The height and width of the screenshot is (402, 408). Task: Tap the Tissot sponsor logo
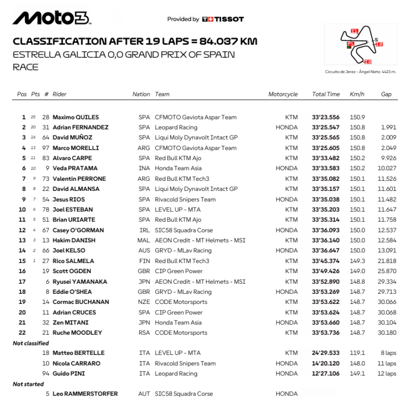pos(223,19)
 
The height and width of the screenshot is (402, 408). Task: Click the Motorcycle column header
pos(283,94)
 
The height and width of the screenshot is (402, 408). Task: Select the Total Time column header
pos(326,94)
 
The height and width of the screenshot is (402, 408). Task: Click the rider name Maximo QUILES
pos(76,117)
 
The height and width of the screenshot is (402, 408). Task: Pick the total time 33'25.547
pos(326,127)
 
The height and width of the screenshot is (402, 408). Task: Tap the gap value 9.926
pos(388,158)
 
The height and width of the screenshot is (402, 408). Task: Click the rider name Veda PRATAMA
pos(75,168)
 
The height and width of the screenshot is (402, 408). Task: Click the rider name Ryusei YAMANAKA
pos(80,282)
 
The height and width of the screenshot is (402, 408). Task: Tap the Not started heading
pos(28,384)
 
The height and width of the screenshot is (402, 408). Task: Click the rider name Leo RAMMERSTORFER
pos(85,394)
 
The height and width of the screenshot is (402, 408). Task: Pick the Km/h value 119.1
pos(357,353)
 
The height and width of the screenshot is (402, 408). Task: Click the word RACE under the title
pos(25,67)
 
